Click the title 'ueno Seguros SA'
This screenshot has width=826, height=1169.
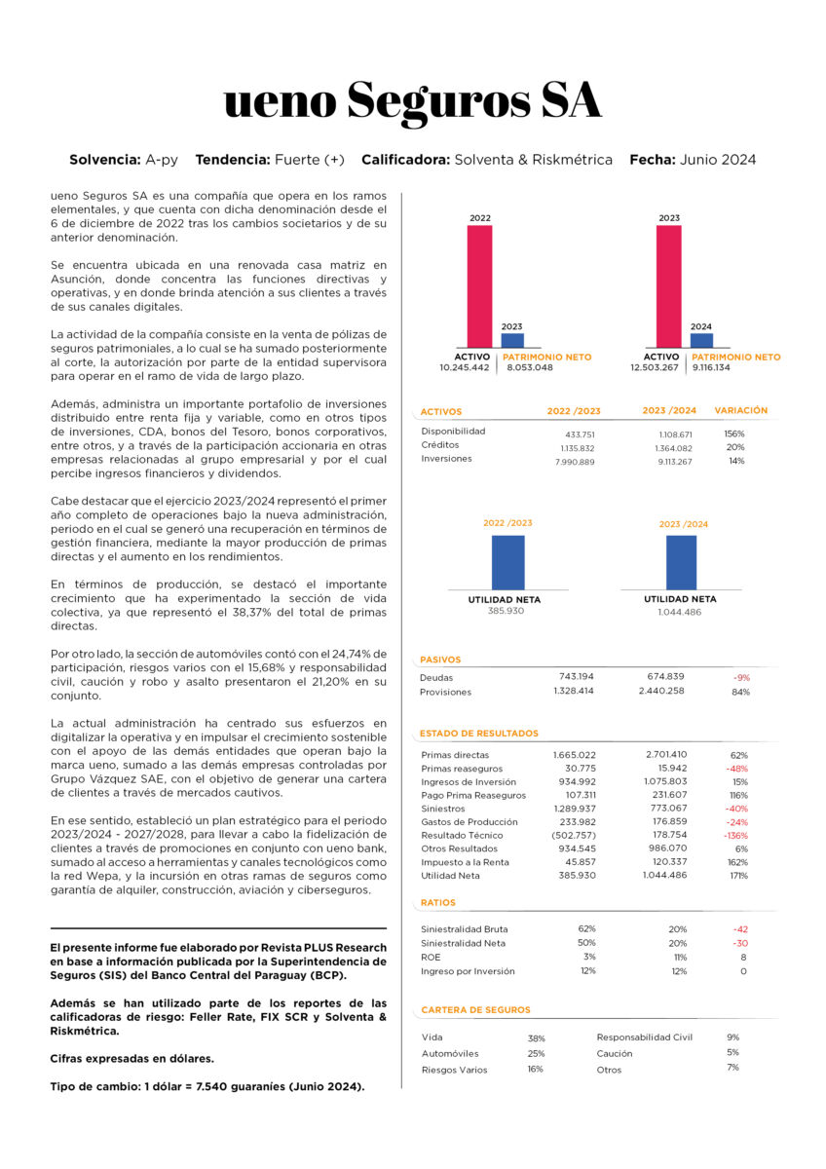pyautogui.click(x=413, y=101)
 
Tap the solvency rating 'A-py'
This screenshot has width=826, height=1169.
pyautogui.click(x=161, y=159)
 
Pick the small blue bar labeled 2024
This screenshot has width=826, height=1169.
pyautogui.click(x=701, y=341)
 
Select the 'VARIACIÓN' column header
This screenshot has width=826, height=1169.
pyautogui.click(x=740, y=411)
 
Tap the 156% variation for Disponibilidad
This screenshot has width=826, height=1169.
pyautogui.click(x=734, y=433)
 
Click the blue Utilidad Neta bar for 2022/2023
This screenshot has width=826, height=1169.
pyautogui.click(x=507, y=562)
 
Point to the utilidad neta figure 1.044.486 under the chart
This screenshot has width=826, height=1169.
pyautogui.click(x=680, y=612)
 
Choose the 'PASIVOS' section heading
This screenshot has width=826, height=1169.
pyautogui.click(x=440, y=660)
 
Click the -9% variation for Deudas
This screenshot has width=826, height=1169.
pyautogui.click(x=742, y=677)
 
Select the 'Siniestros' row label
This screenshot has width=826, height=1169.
pyautogui.click(x=443, y=809)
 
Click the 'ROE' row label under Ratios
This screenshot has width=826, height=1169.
pyautogui.click(x=430, y=957)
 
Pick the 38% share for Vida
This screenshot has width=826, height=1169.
pyautogui.click(x=537, y=1038)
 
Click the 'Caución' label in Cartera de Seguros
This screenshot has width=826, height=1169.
pyautogui.click(x=615, y=1053)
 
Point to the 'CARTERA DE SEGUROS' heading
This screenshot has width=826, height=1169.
pyautogui.click(x=476, y=1010)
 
